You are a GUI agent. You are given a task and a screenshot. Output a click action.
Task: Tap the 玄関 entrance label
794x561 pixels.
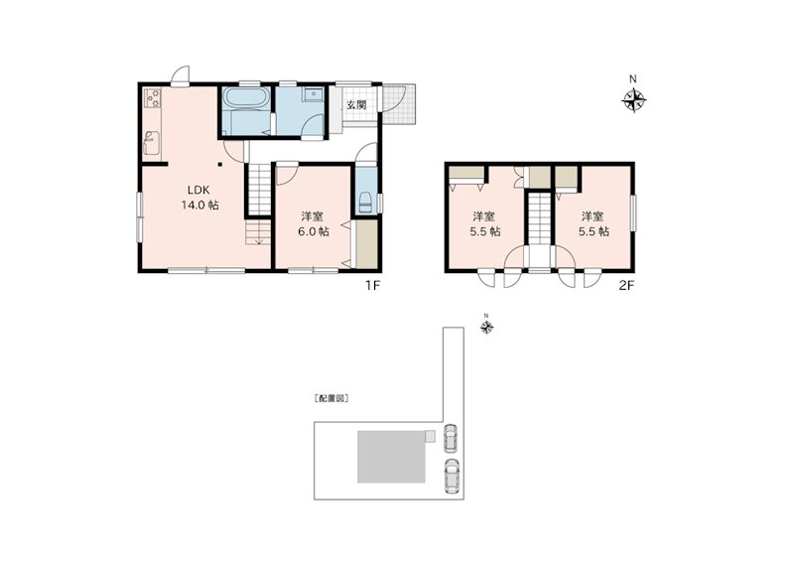(356, 105)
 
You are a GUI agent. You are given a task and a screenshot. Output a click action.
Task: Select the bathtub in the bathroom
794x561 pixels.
(246, 98)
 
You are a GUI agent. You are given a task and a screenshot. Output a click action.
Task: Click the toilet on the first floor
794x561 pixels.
(365, 203)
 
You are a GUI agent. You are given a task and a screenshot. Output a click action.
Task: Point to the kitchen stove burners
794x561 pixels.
(153, 98)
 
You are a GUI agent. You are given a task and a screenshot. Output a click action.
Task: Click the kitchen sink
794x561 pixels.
(152, 142)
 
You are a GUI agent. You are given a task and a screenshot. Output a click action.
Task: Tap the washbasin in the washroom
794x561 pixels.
(314, 94)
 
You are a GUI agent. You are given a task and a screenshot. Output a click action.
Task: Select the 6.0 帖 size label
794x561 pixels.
(313, 231)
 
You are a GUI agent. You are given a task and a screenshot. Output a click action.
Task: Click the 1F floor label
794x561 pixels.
(373, 285)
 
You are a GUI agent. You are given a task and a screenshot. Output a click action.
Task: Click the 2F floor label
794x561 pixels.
(626, 285)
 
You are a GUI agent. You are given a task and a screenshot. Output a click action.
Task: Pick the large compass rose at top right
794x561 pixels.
(633, 99)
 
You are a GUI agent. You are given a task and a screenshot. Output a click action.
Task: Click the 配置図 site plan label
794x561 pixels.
(331, 398)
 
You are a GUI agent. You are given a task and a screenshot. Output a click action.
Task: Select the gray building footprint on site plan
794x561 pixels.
(392, 457)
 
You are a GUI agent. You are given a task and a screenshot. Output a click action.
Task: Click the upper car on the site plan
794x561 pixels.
(450, 438)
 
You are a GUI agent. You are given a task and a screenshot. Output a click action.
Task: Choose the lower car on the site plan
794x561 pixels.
(451, 476)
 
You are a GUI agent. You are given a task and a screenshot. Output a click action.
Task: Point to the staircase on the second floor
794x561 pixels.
(540, 218)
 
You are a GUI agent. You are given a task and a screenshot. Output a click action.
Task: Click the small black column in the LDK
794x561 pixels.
(220, 164)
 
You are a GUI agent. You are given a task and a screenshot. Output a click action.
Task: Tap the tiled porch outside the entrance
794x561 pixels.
(399, 103)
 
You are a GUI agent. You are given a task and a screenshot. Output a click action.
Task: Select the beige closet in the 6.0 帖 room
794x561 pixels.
(366, 243)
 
